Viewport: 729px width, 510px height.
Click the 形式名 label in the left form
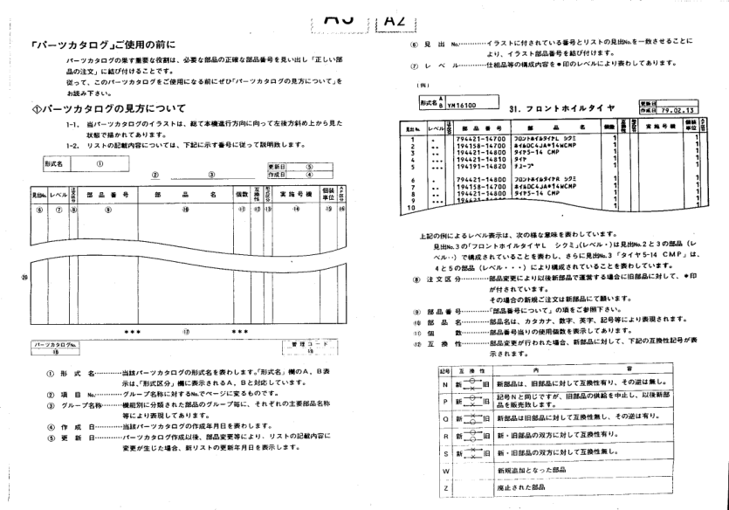(x=56, y=163)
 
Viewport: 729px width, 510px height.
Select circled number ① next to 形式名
(x=100, y=163)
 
